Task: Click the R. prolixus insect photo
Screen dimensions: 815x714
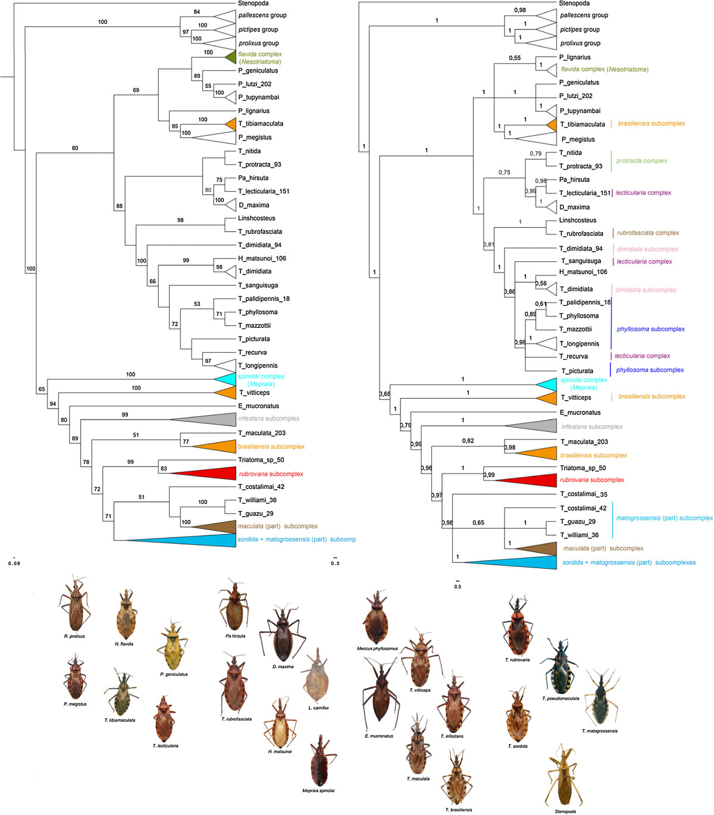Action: coord(74,604)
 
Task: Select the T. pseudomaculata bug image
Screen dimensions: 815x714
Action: coord(560,666)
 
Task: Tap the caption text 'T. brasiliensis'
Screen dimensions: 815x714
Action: coord(459,810)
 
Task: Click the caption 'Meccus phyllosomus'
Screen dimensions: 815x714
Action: coord(377,648)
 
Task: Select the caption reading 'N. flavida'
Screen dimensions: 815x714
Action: coord(124,644)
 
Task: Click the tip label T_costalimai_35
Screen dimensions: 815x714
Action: coord(583,494)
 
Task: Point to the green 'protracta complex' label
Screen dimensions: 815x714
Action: coord(641,161)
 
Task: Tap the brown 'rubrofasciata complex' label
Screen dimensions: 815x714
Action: coord(647,233)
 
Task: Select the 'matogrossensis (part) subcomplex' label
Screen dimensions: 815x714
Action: coord(664,518)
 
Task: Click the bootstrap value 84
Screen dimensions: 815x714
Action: coord(196,12)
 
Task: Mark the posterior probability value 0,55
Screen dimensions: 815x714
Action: coord(515,58)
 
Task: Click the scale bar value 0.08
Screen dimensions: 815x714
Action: coord(14,563)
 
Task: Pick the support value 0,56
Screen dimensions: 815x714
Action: coord(540,284)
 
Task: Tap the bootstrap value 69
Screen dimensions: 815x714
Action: coord(136,90)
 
